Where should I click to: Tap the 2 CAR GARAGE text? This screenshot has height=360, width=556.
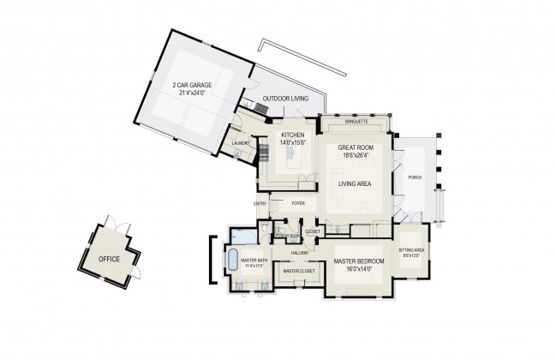coord(194,85)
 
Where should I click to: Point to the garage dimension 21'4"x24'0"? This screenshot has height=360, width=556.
coord(194,93)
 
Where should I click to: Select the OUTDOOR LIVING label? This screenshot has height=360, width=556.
coord(284,99)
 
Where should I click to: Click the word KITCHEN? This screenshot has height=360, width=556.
coord(294,136)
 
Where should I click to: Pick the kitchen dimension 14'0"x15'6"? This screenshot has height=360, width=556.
coord(294,143)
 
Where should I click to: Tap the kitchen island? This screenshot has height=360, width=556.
coord(289,158)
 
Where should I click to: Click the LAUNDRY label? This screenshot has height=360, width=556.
coord(240,143)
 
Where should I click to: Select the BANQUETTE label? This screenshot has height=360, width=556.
coord(356,122)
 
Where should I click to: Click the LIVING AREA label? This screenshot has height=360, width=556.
coord(353,183)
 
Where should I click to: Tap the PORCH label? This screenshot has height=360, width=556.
coord(415,177)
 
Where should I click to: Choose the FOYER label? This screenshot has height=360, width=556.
coord(298,203)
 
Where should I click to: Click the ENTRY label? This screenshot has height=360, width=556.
coord(260,203)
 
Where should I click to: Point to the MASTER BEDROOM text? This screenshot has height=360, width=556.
coord(359,261)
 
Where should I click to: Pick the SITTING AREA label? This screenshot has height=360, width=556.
coord(411,250)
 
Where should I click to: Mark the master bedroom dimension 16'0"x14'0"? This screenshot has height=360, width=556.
coord(359,268)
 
